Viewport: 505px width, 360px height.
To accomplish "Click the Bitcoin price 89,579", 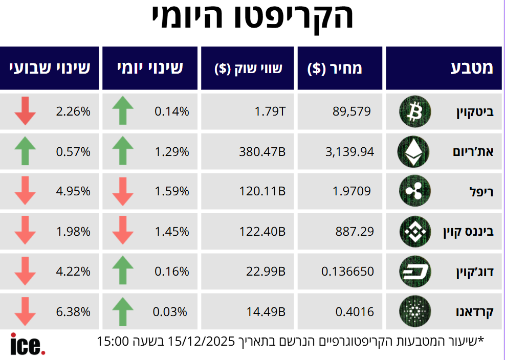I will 352,111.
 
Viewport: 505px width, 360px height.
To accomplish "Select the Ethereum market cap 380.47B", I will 262,151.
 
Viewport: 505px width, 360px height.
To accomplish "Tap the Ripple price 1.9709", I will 352,191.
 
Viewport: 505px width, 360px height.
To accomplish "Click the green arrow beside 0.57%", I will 25,151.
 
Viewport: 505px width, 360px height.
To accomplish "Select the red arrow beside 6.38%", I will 25,311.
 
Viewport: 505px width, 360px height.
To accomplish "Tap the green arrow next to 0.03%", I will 122,311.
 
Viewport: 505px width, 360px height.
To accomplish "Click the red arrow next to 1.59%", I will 122,191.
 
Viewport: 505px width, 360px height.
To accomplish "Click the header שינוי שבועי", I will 49,69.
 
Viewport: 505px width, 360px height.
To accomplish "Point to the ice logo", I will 28,344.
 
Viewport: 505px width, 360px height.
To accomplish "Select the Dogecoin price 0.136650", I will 347,271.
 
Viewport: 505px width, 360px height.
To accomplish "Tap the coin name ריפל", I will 481,192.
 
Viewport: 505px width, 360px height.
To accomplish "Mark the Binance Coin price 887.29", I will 355,231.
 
